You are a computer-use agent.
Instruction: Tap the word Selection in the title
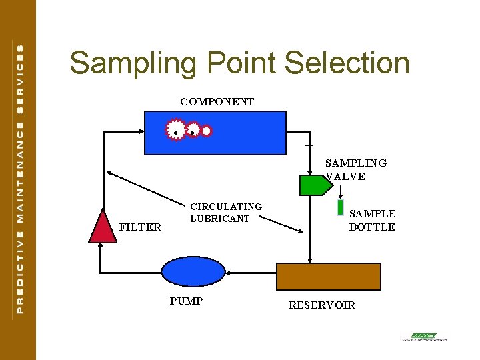pyautogui.click(x=347, y=63)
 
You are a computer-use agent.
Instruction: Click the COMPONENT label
pyautogui.click(x=217, y=102)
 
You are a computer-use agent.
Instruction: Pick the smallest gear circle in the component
pyautogui.click(x=207, y=131)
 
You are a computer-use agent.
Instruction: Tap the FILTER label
pyautogui.click(x=140, y=227)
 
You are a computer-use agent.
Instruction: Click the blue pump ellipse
pyautogui.click(x=194, y=272)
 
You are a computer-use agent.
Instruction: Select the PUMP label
pyautogui.click(x=186, y=301)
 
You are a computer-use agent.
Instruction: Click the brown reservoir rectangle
pyautogui.click(x=329, y=276)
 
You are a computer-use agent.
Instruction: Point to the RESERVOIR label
pyautogui.click(x=321, y=305)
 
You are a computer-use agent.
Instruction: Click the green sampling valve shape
pyautogui.click(x=311, y=185)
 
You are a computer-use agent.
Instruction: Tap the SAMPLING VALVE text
pyautogui.click(x=355, y=169)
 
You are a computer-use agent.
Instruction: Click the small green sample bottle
pyautogui.click(x=340, y=209)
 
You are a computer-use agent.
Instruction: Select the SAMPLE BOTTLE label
pyautogui.click(x=372, y=220)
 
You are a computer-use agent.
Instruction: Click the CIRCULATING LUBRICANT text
pyautogui.click(x=226, y=213)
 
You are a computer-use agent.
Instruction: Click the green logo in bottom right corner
pyautogui.click(x=423, y=337)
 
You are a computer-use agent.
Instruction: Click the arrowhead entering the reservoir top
pyautogui.click(x=309, y=260)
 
